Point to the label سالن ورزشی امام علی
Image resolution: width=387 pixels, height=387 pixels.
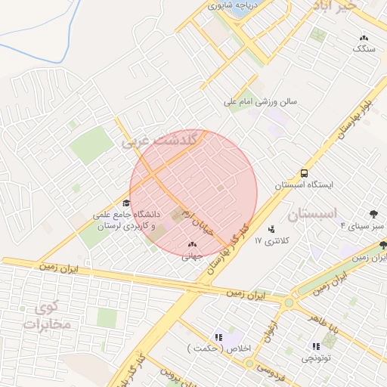click(x=261, y=101)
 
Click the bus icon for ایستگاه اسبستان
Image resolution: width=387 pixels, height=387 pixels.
click(x=304, y=173)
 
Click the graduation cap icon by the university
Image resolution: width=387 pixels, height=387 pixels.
click(x=126, y=203)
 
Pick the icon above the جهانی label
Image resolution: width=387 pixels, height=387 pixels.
click(x=191, y=244)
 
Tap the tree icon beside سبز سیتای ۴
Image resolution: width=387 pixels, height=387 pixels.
click(x=374, y=214)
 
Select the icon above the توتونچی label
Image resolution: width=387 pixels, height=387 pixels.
click(x=315, y=346)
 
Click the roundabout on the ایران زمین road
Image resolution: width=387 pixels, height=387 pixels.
click(x=288, y=302)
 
